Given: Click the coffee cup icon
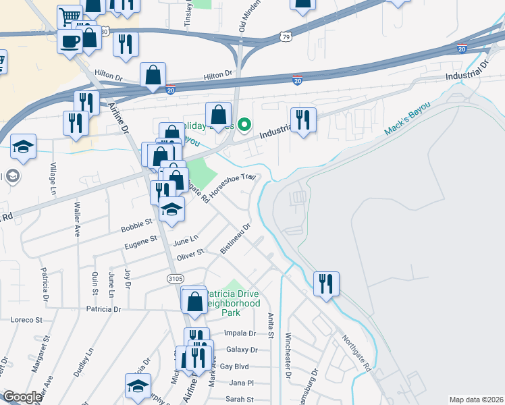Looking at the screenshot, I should coord(70,41).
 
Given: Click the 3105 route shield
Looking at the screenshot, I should coord(176,278).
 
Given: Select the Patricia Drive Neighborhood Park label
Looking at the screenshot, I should coord(232,304).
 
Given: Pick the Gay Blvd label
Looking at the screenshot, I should coord(235,367).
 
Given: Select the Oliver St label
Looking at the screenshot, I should coord(190,254).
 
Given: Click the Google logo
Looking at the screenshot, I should coord(22,397).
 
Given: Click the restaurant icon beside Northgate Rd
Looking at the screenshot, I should coord(326,283).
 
